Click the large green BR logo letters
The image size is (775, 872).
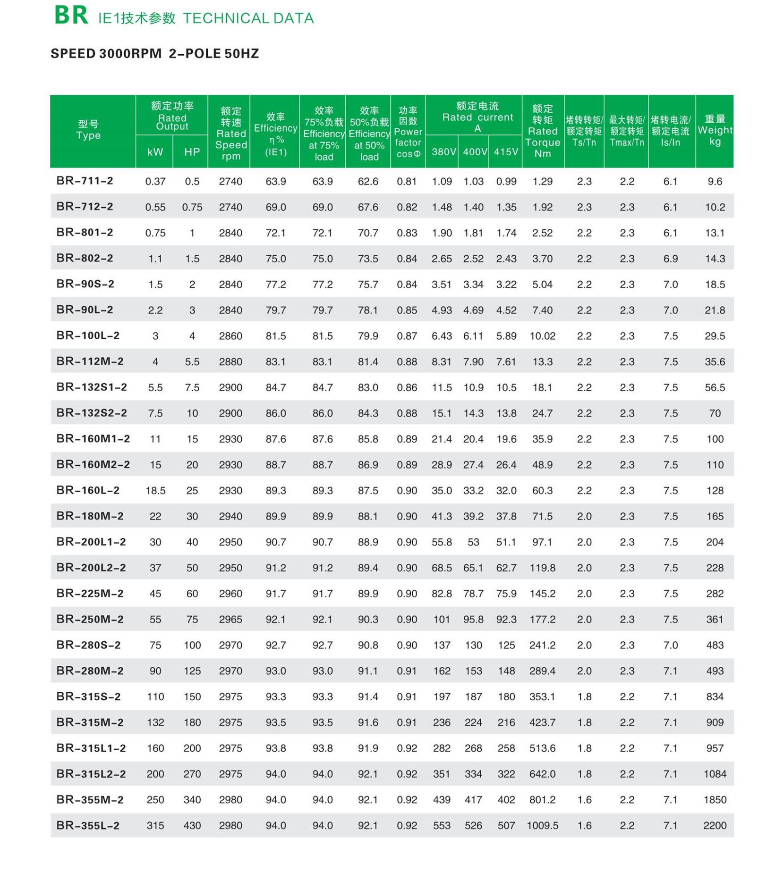coord(71,16)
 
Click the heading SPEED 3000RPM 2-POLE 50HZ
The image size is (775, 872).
coord(154,54)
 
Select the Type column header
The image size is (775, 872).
coord(88,130)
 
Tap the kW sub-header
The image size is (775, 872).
coord(155,152)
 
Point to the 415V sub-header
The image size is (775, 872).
coord(506,152)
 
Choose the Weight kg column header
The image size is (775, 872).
coord(715,130)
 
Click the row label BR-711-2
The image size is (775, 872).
coord(85,181)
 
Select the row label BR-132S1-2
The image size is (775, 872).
coord(92,387)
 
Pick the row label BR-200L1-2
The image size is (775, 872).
coord(91,542)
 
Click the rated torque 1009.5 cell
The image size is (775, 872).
coord(543,826)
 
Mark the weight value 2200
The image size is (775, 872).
coord(715,826)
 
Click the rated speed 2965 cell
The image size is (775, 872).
coord(230,620)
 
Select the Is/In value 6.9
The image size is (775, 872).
coord(671,259)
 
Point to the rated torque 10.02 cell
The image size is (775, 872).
coord(543,336)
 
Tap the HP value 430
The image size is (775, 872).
coord(192,826)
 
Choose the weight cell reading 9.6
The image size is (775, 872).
coord(715,182)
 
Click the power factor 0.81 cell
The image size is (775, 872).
coord(407,182)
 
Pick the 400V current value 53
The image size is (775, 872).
coord(473,542)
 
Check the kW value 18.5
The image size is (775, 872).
coord(155,491)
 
